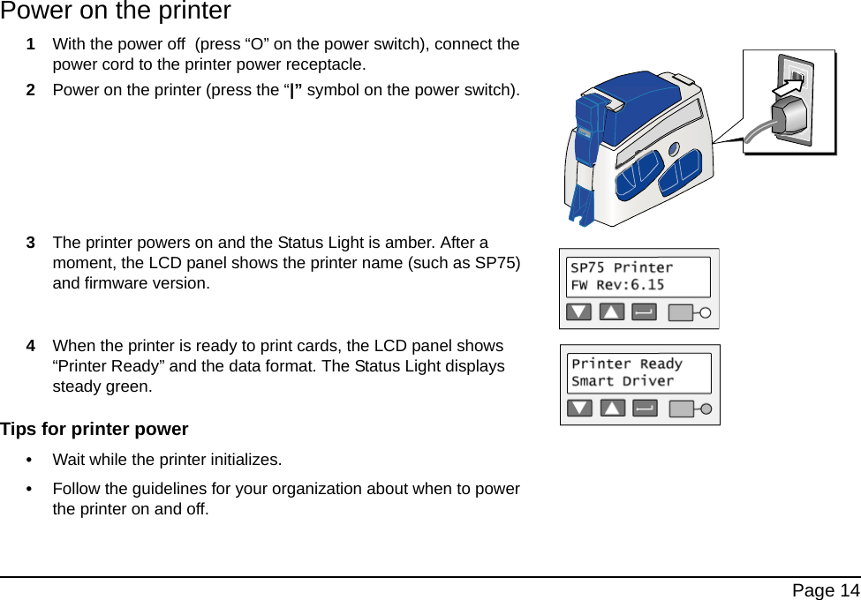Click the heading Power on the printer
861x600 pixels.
[x=116, y=11]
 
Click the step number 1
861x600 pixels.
[x=31, y=44]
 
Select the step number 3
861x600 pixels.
[x=31, y=243]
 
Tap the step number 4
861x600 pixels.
[x=31, y=346]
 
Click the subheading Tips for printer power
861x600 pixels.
[x=94, y=430]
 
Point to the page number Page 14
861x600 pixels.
[x=825, y=590]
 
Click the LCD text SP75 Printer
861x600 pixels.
[x=622, y=267]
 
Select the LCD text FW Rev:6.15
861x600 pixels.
[x=617, y=285]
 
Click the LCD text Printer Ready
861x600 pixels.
[x=627, y=364]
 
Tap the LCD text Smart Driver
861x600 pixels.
[x=623, y=381]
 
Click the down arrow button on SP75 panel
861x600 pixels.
[x=579, y=311]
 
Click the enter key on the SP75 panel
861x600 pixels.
[x=645, y=311]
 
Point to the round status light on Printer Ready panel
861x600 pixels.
[x=706, y=409]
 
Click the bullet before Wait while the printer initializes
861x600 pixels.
[x=33, y=460]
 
